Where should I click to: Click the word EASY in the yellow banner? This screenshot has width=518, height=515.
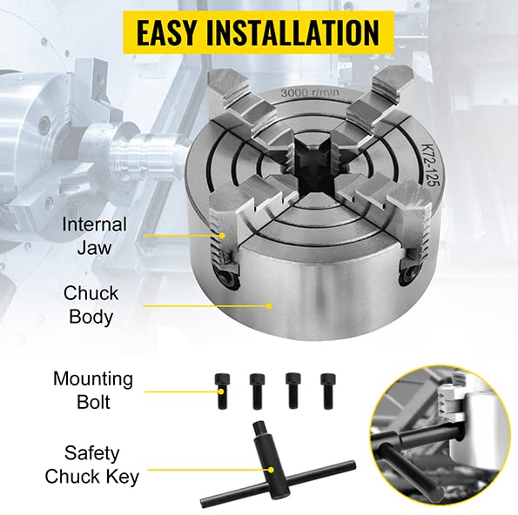pyautogui.click(x=166, y=33)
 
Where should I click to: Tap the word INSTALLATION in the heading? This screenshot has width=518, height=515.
pyautogui.click(x=293, y=33)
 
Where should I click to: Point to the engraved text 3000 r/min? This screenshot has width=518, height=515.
pyautogui.click(x=310, y=92)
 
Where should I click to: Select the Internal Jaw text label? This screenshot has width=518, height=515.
pyautogui.click(x=95, y=236)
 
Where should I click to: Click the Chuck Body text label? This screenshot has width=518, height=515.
pyautogui.click(x=91, y=304)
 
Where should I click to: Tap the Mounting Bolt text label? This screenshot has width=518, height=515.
pyautogui.click(x=93, y=391)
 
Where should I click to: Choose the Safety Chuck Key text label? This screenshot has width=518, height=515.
pyautogui.click(x=92, y=465)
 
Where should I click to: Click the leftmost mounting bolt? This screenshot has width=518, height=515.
pyautogui.click(x=222, y=391)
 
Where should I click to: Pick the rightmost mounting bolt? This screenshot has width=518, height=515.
pyautogui.click(x=327, y=391)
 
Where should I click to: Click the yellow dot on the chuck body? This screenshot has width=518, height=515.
pyautogui.click(x=269, y=306)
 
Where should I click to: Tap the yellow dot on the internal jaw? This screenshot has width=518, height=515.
pyautogui.click(x=223, y=236)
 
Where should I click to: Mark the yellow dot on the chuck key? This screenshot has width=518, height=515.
pyautogui.click(x=272, y=470)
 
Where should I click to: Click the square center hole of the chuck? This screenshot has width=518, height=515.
pyautogui.click(x=313, y=171)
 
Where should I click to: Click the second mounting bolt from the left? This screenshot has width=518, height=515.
pyautogui.click(x=258, y=391)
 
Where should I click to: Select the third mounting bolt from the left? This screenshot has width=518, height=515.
pyautogui.click(x=293, y=391)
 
